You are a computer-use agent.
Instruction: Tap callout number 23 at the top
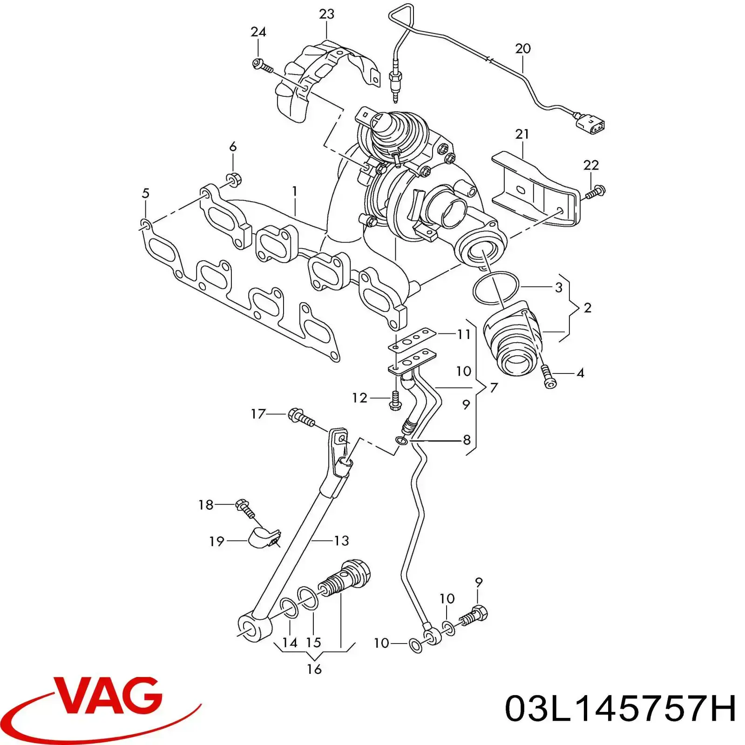(x=326, y=14)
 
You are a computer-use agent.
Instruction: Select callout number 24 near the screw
(x=258, y=32)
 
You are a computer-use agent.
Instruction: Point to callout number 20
(x=523, y=48)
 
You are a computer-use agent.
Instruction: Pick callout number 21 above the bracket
(x=522, y=134)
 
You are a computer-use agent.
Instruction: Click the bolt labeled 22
(x=595, y=192)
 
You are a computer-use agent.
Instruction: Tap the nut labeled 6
(x=232, y=179)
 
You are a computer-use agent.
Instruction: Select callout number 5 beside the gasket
(x=145, y=193)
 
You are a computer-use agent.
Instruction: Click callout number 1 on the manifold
(x=294, y=191)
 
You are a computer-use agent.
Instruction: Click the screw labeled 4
(x=548, y=377)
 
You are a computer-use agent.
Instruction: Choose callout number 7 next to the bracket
(x=494, y=387)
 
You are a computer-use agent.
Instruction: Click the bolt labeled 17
(x=302, y=418)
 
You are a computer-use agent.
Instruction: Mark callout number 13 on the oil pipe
(x=341, y=541)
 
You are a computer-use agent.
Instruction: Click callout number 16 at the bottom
(x=314, y=669)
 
